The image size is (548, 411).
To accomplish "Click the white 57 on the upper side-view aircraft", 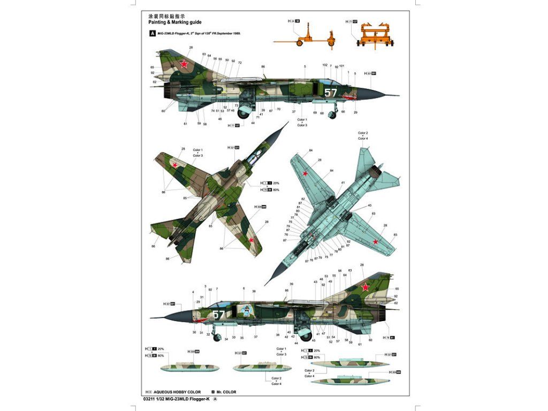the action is [331, 92].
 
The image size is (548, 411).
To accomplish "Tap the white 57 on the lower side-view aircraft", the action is [219, 315].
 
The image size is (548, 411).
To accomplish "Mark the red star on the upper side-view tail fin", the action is [184, 65].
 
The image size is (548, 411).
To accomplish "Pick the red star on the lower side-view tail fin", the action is [365, 287].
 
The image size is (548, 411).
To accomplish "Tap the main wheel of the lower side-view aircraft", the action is [305, 336].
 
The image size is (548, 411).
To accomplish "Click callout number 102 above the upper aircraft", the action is [325, 65].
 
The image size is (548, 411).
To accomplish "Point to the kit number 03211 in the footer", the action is [151, 399].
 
